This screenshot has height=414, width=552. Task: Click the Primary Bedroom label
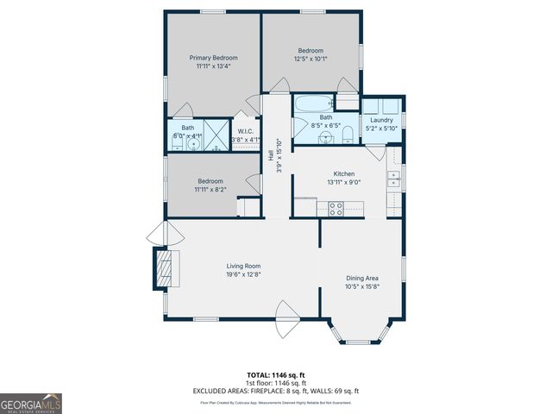pyautogui.click(x=213, y=58)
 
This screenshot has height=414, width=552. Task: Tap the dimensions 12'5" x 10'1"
pyautogui.click(x=310, y=60)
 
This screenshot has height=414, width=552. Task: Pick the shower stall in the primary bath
pyautogui.click(x=218, y=136)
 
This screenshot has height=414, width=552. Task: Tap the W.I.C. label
pyautogui.click(x=245, y=131)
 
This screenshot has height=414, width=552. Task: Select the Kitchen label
pyautogui.click(x=344, y=173)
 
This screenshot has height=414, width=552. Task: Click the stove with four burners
pyautogui.click(x=336, y=207)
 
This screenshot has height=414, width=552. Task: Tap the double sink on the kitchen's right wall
pyautogui.click(x=393, y=179)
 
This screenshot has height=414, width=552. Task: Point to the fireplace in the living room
pyautogui.click(x=163, y=267)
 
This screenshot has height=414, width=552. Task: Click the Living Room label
pyautogui.click(x=243, y=266)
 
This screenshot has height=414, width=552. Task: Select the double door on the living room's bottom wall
pyautogui.click(x=285, y=319)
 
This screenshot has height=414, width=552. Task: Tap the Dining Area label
pyautogui.click(x=362, y=278)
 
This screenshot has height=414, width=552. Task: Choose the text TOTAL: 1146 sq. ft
pyautogui.click(x=276, y=375)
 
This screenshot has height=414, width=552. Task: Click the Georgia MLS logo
pyautogui.click(x=31, y=404)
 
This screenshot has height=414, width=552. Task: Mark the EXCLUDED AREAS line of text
pyautogui.click(x=276, y=391)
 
